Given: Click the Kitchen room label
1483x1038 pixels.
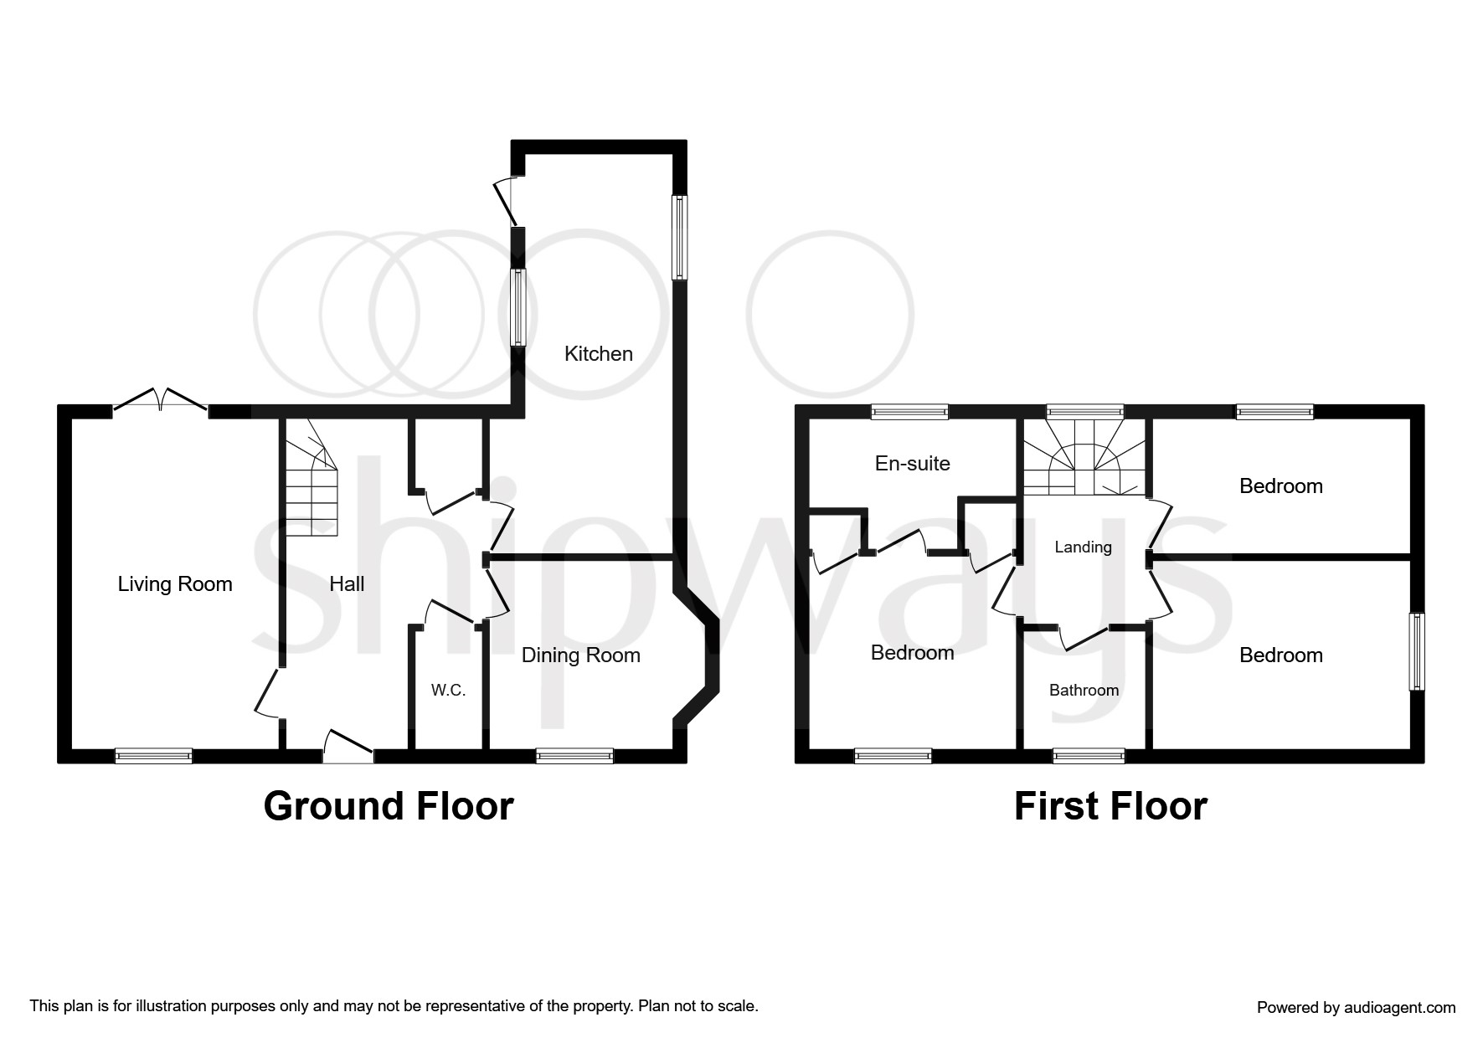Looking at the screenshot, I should coord(598,354).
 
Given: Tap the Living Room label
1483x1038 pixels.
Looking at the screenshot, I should coord(175,584).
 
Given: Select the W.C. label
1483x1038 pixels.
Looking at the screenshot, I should coord(448,691).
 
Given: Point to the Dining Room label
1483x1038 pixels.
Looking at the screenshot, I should coord(580,655).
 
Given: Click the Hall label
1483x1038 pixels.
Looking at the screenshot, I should coord(347,584).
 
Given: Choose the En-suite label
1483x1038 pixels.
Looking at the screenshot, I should coord(912,464).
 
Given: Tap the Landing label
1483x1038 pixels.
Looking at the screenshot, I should coord(1083,547).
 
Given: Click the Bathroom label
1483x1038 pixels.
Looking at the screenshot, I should coord(1084,691).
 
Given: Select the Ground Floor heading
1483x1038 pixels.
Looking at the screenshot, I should coord(388,806).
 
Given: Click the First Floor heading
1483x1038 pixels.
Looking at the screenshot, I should coord(1110,806).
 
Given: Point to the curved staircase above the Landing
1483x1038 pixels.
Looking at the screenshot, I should coord(1083,465).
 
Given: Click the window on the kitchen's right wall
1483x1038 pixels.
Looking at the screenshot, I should coord(680,238).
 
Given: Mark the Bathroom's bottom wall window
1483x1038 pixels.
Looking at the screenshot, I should coord(1089,756).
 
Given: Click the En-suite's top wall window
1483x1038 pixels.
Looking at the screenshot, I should coord(909,412).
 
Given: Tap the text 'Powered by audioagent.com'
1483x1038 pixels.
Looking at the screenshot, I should coord(1356,1008).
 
